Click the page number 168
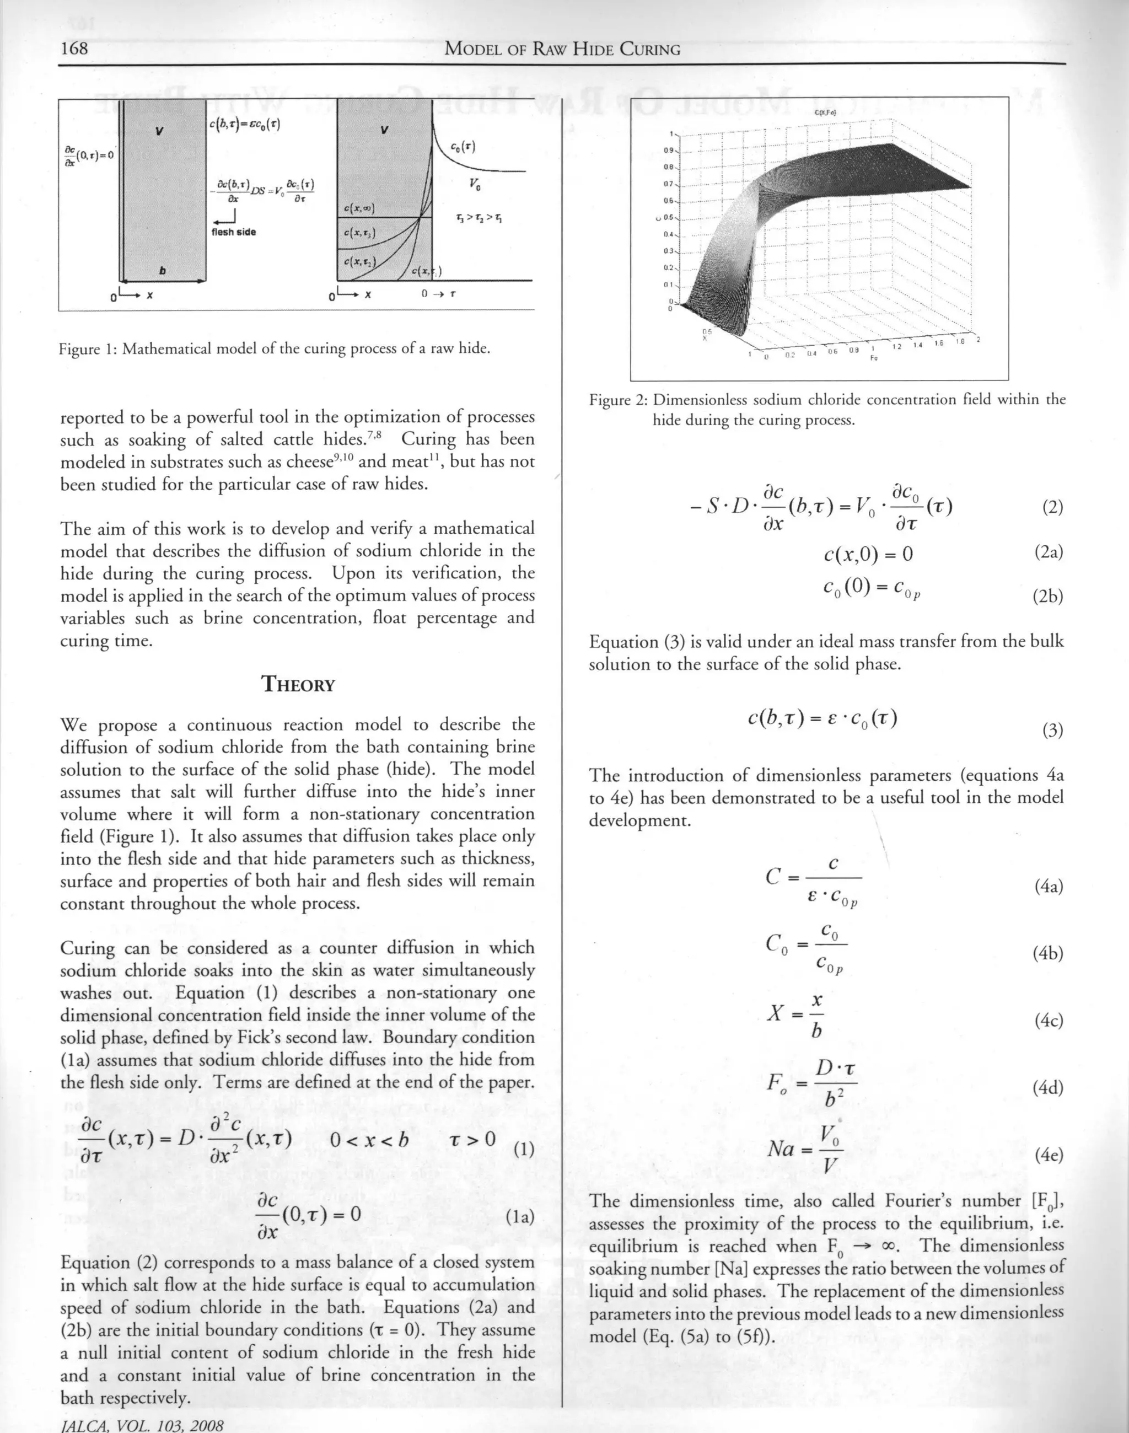[74, 49]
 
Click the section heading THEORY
[298, 684]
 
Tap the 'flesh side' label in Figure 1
[233, 232]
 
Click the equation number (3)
[1052, 731]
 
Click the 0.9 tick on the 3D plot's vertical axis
[669, 150]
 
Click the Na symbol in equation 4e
[781, 1150]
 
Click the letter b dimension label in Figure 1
[163, 271]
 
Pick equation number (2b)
[1048, 597]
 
